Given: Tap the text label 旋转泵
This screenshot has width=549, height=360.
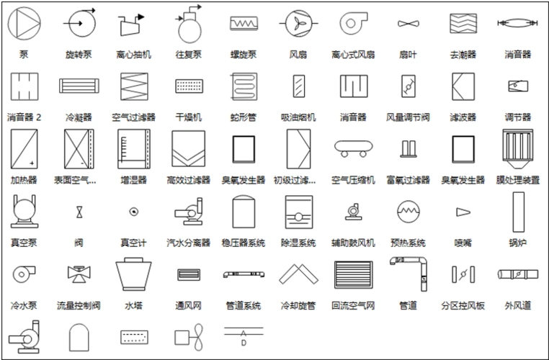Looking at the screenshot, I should coord(79,55).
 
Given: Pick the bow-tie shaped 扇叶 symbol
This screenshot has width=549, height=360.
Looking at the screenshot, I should coord(408,24).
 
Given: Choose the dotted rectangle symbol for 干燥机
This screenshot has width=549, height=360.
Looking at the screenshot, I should coord(189,86).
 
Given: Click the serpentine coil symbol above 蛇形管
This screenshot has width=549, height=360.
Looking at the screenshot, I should coord(244,86).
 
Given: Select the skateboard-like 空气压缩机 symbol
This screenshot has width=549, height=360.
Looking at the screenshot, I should coord(353,147).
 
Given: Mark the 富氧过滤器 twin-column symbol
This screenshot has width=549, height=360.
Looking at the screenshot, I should coord(408,148).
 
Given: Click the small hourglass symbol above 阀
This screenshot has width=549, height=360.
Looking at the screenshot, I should coord(79,212).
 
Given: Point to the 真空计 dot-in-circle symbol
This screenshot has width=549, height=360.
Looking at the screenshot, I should coord(133,212).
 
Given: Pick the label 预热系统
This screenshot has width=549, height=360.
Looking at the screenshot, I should coord(408,243).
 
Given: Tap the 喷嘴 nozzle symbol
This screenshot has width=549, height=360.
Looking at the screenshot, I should coord(462,212).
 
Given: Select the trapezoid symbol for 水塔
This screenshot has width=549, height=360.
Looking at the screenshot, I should coord(133,274).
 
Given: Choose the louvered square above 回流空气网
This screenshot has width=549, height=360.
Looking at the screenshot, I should coord(353,274).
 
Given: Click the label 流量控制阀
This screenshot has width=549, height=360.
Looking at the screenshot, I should coord(79,306).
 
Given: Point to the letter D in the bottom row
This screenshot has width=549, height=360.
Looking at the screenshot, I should coord(243,343).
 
